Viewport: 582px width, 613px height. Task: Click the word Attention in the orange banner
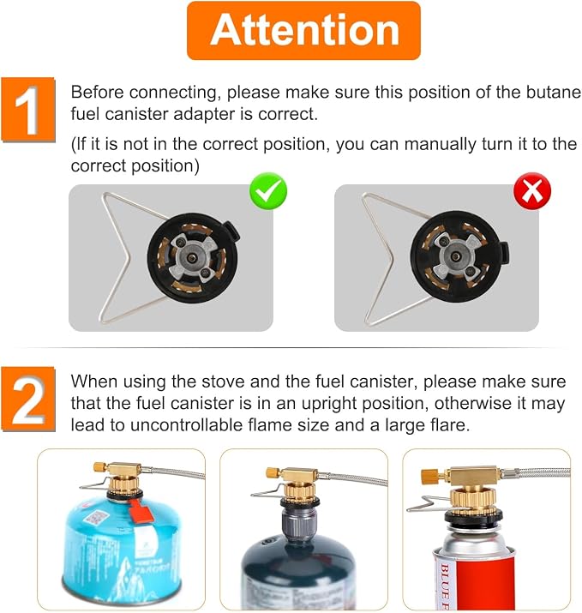304,30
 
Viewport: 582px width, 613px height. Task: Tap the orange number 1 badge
28,110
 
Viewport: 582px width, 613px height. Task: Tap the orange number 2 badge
28,400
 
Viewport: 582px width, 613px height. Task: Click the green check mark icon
268,191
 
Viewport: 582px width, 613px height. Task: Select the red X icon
532,191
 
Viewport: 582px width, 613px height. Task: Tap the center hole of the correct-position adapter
191,257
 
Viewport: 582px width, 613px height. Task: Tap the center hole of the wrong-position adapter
454,256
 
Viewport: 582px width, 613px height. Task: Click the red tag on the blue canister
137,511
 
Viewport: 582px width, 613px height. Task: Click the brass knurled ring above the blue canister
124,484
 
